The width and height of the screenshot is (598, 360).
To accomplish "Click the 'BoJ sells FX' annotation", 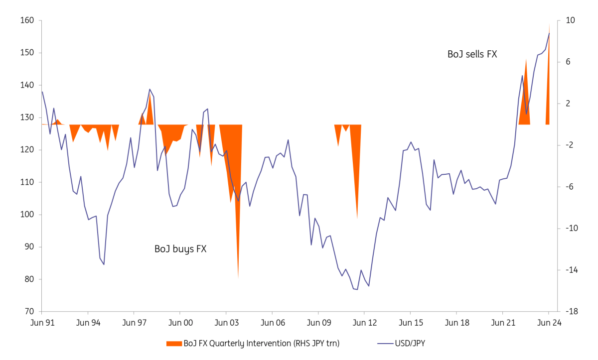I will tap(472, 54).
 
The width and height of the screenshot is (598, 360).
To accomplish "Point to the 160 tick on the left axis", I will tap(27, 20).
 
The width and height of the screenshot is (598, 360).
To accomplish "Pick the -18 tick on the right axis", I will tap(572, 312).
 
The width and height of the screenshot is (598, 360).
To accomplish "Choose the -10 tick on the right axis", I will tap(572, 229).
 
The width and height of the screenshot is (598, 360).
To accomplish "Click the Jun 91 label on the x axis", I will tap(42, 323).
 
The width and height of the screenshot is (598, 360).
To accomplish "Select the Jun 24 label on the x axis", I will tap(549, 323).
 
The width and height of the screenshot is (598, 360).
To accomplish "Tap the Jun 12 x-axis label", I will tap(364, 323).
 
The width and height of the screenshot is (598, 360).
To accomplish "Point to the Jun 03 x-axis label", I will tap(226, 323).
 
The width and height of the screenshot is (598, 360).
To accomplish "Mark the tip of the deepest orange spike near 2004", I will tap(238, 278).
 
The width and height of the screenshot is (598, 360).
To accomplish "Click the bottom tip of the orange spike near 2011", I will tap(357, 218).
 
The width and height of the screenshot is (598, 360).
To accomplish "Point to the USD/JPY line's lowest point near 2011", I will tap(357, 289).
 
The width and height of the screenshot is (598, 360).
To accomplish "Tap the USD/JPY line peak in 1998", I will tap(149, 89).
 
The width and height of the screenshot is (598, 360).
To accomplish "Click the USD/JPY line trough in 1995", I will tap(104, 264).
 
